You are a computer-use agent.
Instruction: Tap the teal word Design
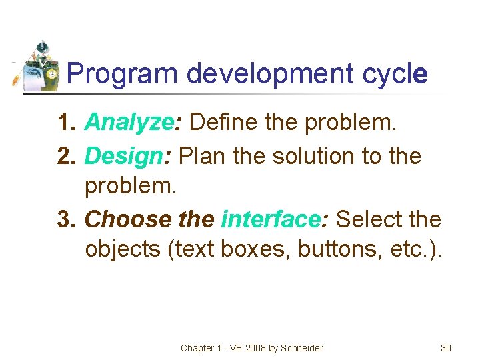pyautogui.click(x=124, y=157)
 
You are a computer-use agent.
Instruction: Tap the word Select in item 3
pyautogui.click(x=371, y=219)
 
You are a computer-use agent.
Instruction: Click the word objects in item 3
pyautogui.click(x=124, y=249)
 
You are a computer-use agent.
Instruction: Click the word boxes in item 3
pyautogui.click(x=254, y=249)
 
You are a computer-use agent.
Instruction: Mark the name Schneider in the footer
pyautogui.click(x=301, y=348)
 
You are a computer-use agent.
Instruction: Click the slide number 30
pyautogui.click(x=446, y=348)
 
